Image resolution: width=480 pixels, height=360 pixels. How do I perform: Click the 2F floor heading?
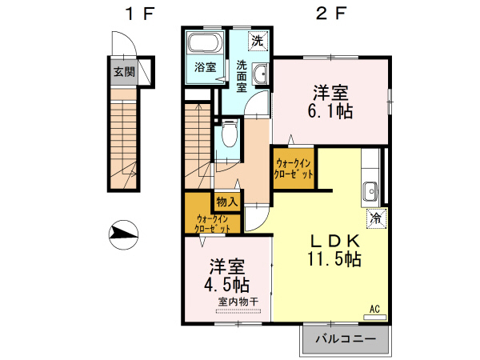[x=328, y=14]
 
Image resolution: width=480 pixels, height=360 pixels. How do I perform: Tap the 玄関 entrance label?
[x=123, y=72]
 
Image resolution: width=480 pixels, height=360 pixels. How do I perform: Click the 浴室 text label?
[x=206, y=67]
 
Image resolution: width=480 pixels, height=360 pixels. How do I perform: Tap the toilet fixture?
[x=228, y=134]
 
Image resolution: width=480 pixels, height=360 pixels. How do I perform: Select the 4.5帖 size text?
[x=226, y=284]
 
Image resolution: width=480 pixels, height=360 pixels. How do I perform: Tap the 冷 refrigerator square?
[x=374, y=216]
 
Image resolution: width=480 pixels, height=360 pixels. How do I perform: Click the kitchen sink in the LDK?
[x=370, y=191]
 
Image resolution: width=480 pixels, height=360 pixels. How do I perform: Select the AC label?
[x=374, y=308]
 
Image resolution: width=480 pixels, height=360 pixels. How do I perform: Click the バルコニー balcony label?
[x=344, y=339]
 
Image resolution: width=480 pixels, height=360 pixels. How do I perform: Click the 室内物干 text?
[x=238, y=302]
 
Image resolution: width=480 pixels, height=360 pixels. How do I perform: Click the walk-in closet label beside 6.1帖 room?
[x=294, y=168]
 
